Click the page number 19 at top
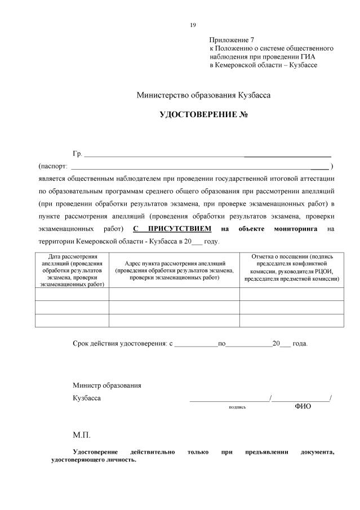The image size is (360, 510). tap(193, 25)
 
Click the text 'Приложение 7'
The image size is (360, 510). tap(232, 40)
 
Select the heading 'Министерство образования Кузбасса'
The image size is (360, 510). tap(203, 95)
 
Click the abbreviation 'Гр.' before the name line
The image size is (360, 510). tap(77, 154)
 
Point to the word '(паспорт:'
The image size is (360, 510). tap(52, 167)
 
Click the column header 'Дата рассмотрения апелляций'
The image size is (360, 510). tap(72, 270)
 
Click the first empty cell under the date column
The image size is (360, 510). tap(72, 294)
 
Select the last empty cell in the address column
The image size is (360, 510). tap(174, 320)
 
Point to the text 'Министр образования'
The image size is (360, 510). tap(106, 385)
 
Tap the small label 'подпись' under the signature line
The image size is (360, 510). tap(237, 406)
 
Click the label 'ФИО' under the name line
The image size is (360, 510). tap(303, 406)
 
